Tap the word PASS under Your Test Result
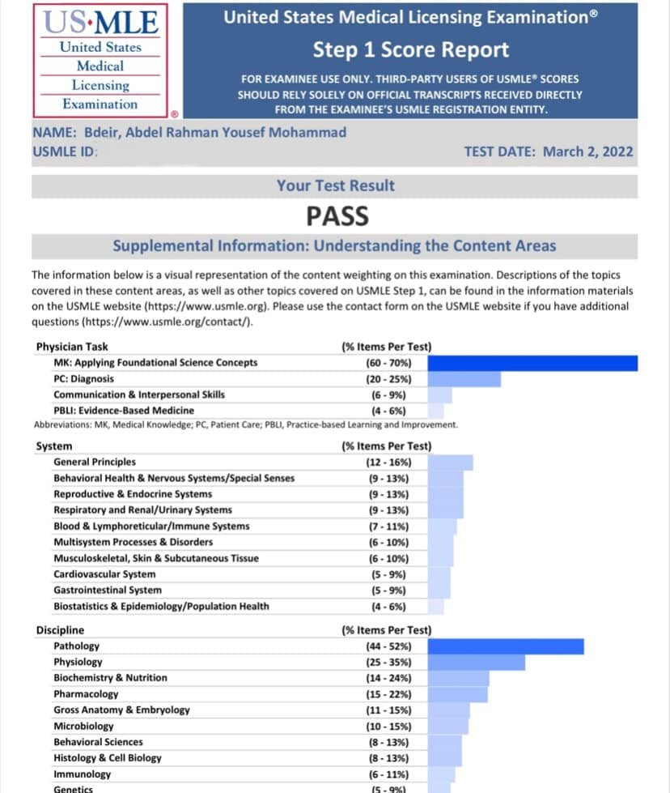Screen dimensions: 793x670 [337, 216]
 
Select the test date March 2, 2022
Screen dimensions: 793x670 [549, 151]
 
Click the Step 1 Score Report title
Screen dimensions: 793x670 [411, 49]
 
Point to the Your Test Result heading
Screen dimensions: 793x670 [335, 185]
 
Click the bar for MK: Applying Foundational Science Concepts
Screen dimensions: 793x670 [532, 363]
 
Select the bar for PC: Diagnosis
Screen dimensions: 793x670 [464, 379]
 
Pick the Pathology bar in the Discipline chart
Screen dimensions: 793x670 [505, 646]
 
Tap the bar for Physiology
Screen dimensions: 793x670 [476, 663]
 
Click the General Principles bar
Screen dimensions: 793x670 [450, 463]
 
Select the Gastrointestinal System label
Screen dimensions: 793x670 [108, 590]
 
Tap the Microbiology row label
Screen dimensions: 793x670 [83, 726]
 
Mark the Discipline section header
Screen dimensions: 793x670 [60, 630]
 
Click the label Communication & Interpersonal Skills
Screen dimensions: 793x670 [139, 394]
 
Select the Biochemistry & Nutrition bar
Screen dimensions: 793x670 [458, 678]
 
